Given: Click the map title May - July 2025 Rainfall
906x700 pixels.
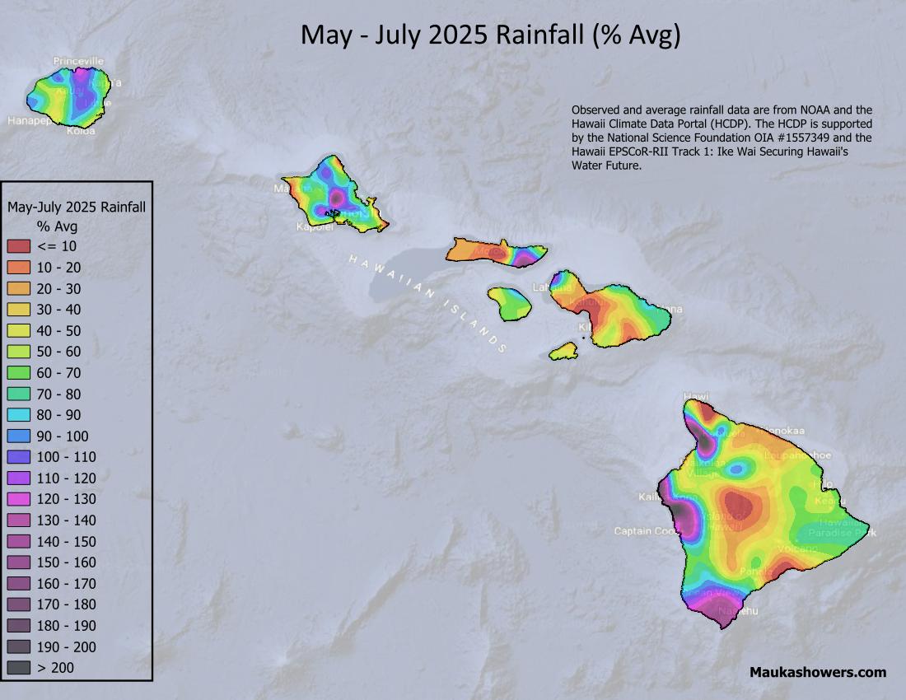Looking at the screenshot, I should click(x=490, y=35).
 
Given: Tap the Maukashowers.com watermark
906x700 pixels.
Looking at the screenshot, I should click(x=817, y=672).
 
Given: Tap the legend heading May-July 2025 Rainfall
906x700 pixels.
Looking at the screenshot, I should click(x=77, y=207).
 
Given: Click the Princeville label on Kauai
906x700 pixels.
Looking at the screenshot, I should click(x=78, y=61).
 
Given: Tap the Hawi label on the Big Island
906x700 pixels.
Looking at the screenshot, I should click(x=696, y=396).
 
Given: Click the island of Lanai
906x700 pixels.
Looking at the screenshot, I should click(x=510, y=303).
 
